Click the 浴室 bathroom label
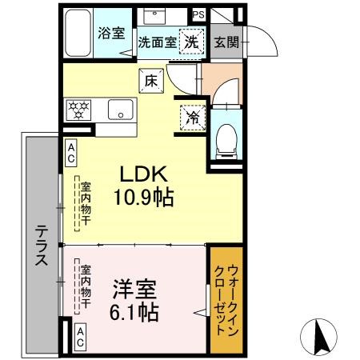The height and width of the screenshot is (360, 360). (110, 34)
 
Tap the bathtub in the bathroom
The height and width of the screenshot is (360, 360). (78, 33)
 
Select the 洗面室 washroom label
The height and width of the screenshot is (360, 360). (156, 42)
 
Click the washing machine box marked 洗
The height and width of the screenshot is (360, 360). (191, 42)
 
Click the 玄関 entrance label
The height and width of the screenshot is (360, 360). (226, 42)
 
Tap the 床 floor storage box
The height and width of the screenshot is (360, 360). (150, 79)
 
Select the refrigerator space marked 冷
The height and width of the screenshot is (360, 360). (191, 115)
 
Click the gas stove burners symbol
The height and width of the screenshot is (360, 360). (80, 108)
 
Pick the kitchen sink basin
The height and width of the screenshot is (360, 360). (119, 109)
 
